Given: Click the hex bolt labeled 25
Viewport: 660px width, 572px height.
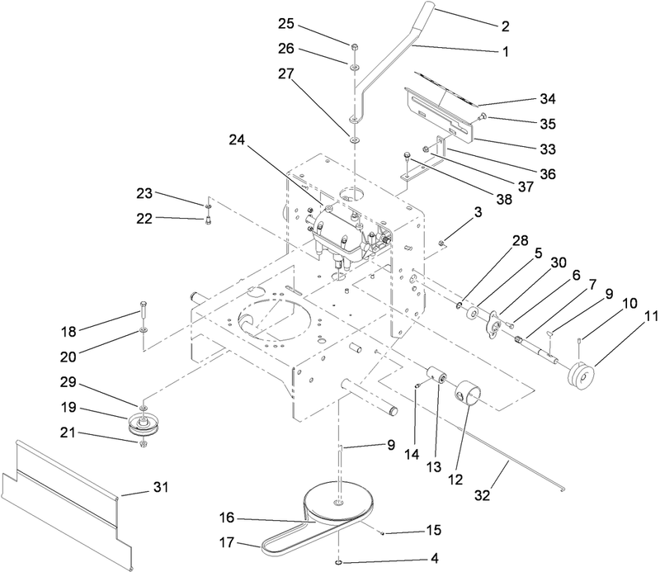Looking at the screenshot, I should click(353, 47).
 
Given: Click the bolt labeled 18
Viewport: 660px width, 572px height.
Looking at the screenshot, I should click(144, 311).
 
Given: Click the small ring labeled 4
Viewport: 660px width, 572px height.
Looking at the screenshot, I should click(339, 564).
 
